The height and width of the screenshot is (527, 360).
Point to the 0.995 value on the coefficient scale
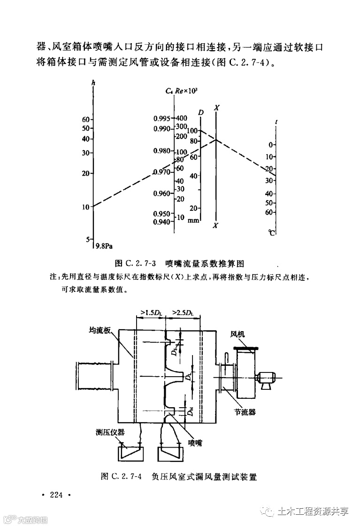pos(162,118)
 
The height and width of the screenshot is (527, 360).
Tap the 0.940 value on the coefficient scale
pos(162,222)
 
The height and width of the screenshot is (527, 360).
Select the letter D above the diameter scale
pos(201,112)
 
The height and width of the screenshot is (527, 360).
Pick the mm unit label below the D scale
pos(193,220)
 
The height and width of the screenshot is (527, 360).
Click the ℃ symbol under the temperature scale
pos(272,232)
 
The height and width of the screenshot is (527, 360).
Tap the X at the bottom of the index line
pos(216,226)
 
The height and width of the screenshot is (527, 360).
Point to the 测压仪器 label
pos(110,432)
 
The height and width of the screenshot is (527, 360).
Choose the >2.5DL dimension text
pos(184,312)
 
